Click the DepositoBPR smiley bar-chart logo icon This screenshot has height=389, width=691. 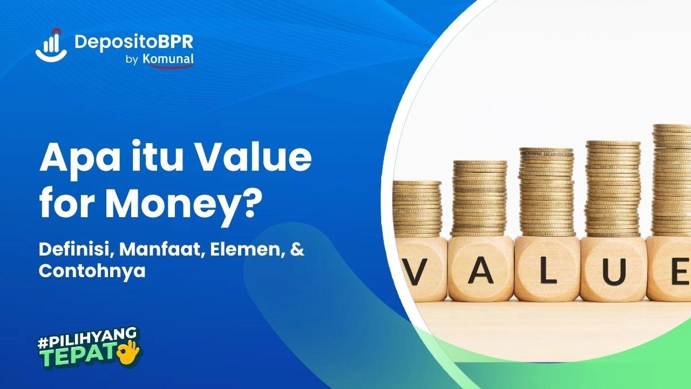coord(51,46)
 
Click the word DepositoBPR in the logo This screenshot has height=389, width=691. coord(134,42)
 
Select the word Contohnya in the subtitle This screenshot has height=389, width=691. coord(92,271)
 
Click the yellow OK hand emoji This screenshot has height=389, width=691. coord(130,352)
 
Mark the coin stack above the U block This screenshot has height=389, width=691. coord(613,189)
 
